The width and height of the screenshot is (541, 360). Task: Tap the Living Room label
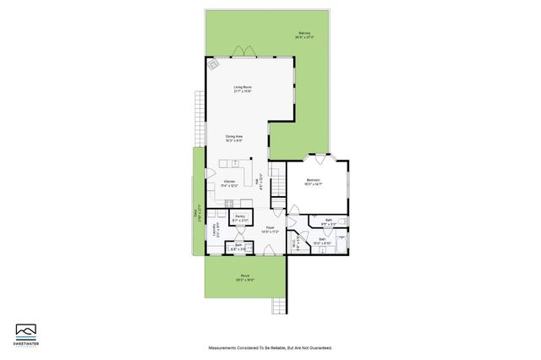[243, 88]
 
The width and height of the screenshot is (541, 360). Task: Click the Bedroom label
[313, 181]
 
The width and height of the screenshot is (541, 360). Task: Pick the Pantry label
[240, 217]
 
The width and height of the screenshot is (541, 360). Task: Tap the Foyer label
[270, 228]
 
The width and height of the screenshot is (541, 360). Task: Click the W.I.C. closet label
[293, 245]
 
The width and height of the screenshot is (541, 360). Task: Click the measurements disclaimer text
[270, 347]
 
